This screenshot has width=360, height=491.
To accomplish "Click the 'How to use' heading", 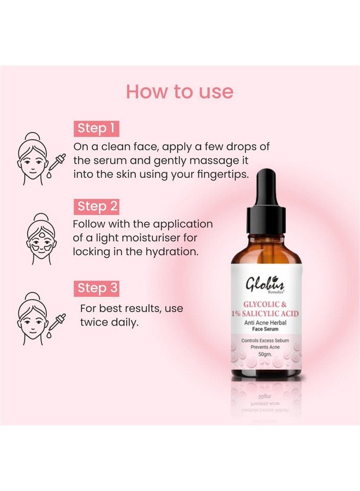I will pos(179,92).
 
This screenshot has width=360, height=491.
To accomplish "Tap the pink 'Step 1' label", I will pos(96,128).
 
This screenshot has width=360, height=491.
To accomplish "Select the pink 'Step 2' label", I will pos(97,206).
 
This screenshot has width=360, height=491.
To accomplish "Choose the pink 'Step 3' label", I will pos(97,288).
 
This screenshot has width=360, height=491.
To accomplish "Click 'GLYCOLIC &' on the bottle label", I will pos(266,303).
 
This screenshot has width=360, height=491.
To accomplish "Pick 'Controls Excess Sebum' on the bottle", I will pos(266,340).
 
